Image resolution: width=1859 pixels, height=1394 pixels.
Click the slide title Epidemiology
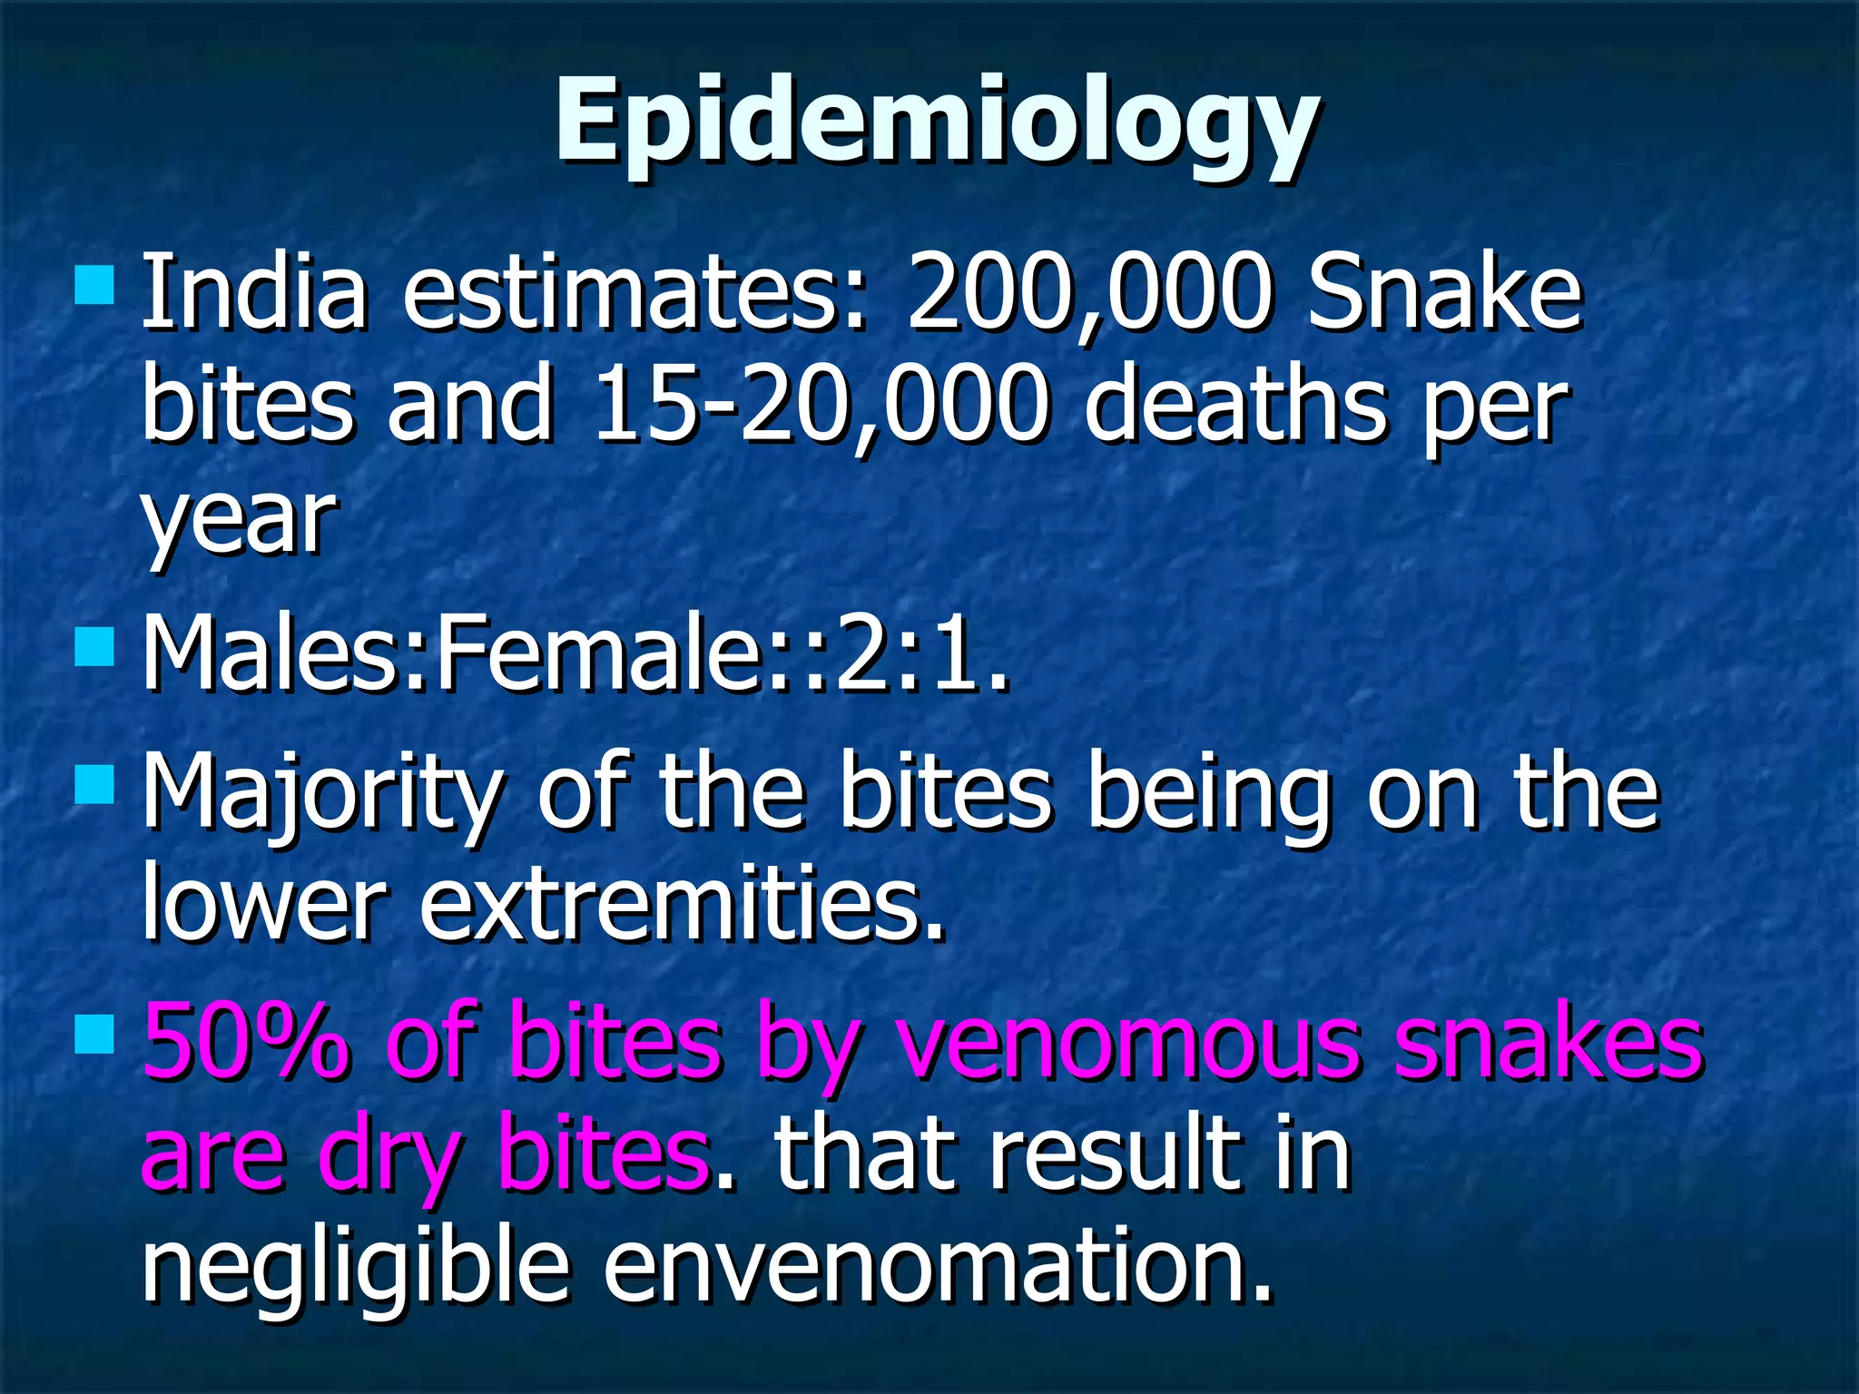pos(937,123)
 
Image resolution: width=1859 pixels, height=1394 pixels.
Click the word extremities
pos(683,903)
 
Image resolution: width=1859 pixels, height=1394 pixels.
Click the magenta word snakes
pos(1549,1041)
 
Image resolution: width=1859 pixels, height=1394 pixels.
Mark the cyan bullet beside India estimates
pos(94,284)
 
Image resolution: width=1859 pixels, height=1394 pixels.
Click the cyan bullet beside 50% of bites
pos(94,1035)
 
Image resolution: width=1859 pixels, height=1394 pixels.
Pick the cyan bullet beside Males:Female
pos(94,647)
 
